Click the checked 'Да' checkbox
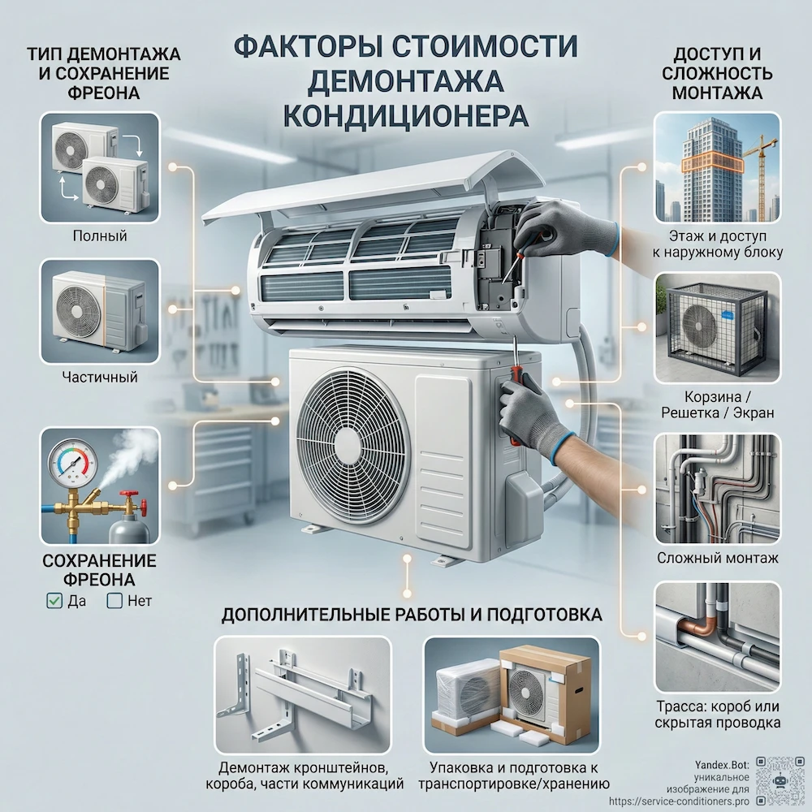click(54, 601)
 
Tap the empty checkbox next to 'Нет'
click(114, 601)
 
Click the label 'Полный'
click(99, 236)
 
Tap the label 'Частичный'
click(99, 377)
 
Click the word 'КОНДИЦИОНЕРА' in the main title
click(405, 114)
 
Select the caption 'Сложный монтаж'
click(717, 558)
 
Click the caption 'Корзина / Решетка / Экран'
click(717, 404)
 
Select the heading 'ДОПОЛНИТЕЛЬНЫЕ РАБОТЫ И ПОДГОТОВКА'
click(412, 615)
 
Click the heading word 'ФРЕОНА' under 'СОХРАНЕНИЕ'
click(99, 580)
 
